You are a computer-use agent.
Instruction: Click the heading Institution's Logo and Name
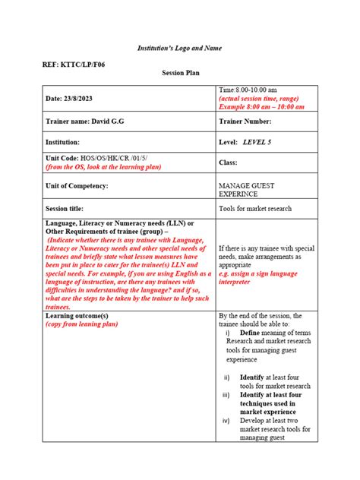180,47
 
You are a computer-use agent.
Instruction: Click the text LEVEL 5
262,141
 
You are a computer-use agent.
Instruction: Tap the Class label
229,162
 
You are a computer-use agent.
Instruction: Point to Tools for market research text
255,208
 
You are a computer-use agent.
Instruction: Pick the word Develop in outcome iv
251,421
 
